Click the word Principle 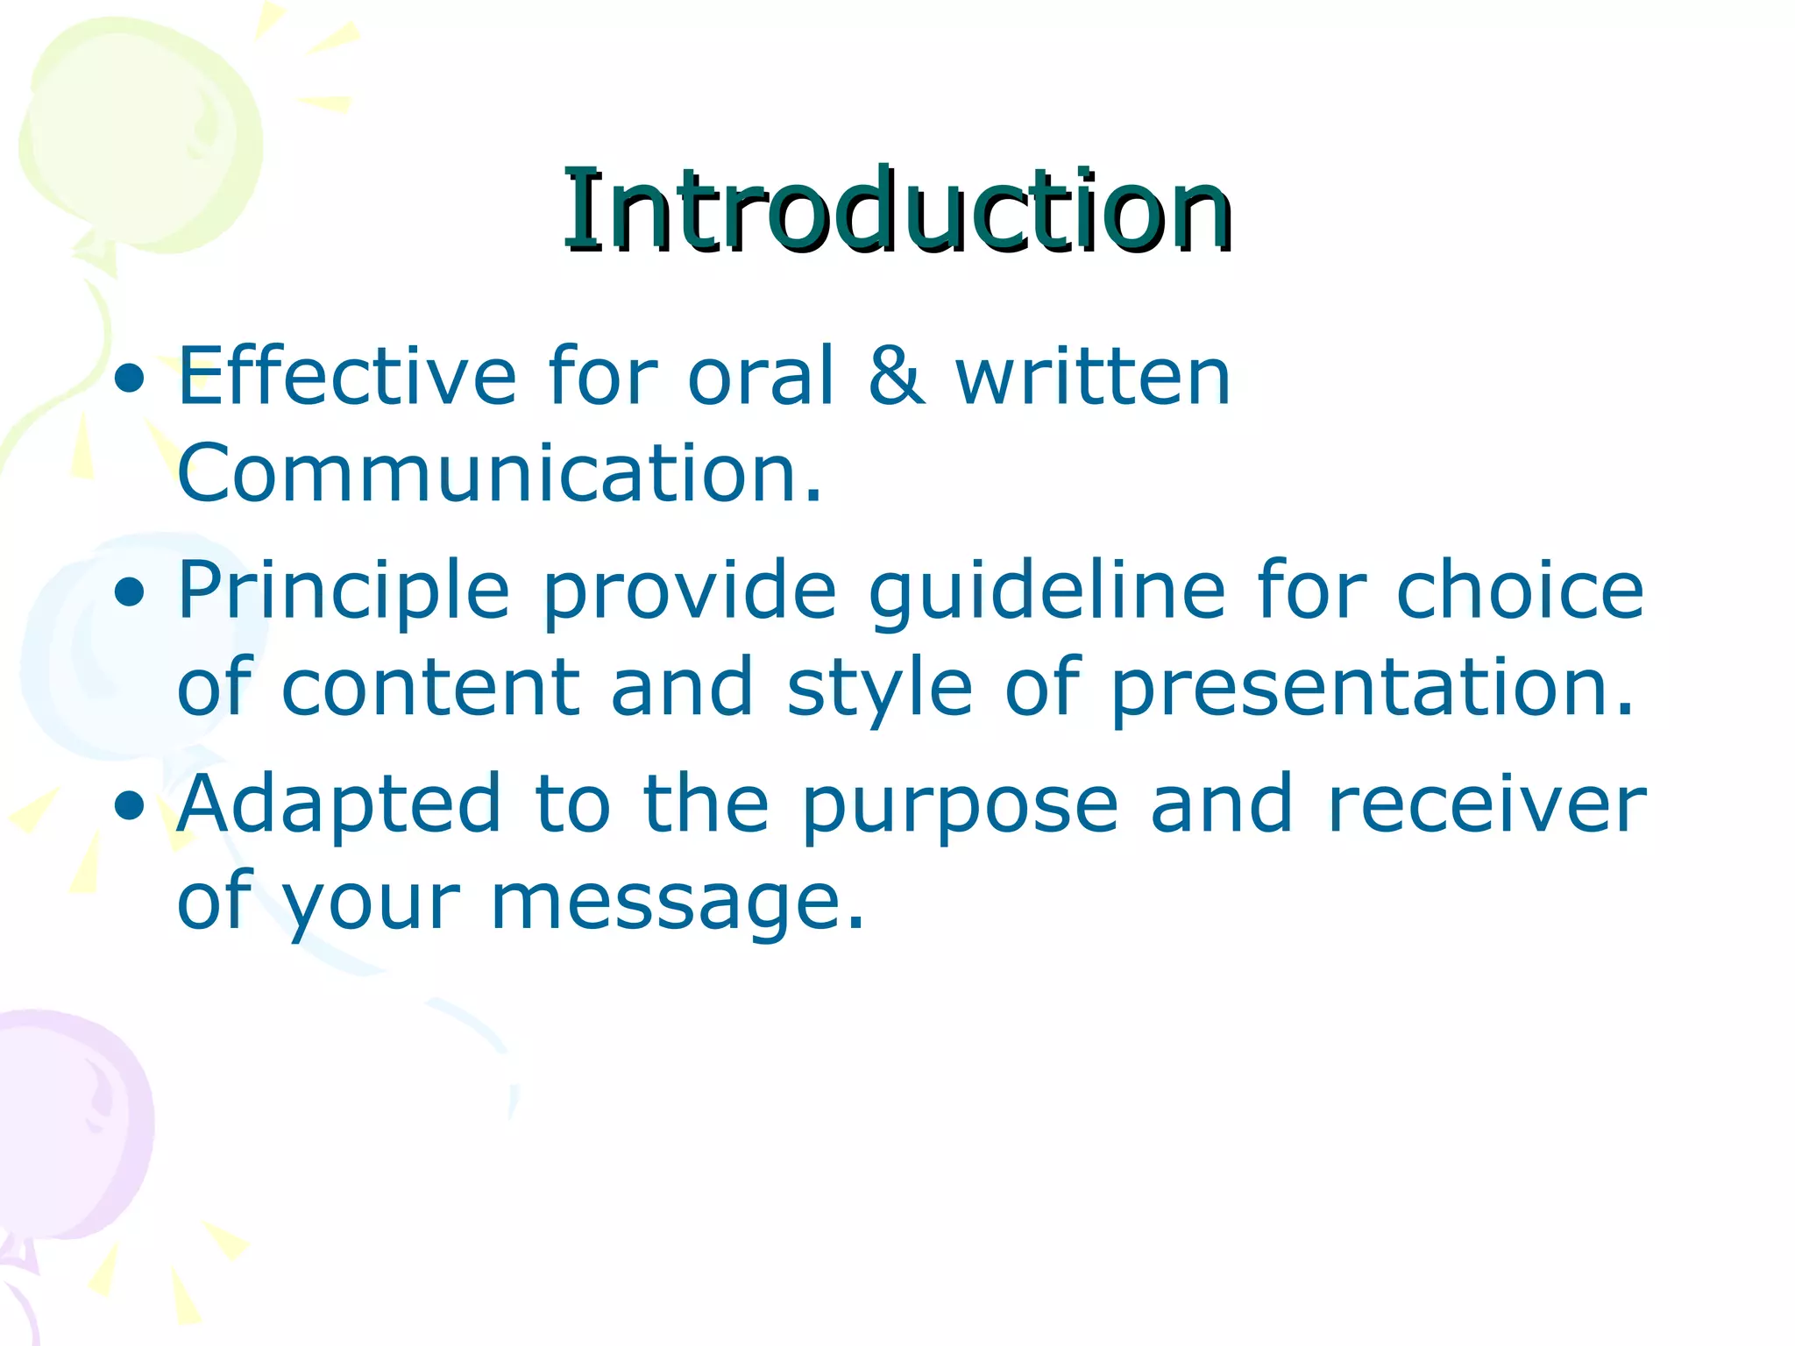(344, 592)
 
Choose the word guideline (1046, 592)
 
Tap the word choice (1520, 592)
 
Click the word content (430, 688)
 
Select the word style (879, 688)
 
